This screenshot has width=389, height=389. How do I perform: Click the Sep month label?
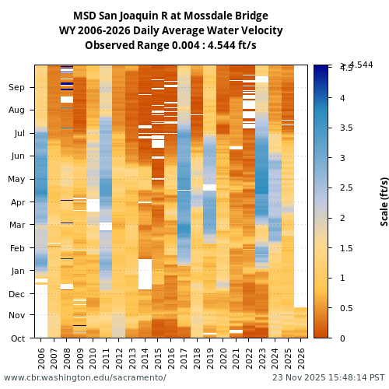[16, 88]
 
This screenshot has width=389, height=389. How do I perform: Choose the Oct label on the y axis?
[16, 338]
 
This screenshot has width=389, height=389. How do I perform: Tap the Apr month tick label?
[16, 202]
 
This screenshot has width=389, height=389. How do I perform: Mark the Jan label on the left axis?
[16, 271]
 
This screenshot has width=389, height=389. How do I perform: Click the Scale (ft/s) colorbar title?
[384, 201]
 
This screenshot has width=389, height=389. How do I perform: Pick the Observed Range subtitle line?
[170, 46]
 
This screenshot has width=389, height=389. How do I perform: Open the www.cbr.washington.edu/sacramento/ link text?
[85, 377]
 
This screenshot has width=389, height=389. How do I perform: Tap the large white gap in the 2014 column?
[145, 274]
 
